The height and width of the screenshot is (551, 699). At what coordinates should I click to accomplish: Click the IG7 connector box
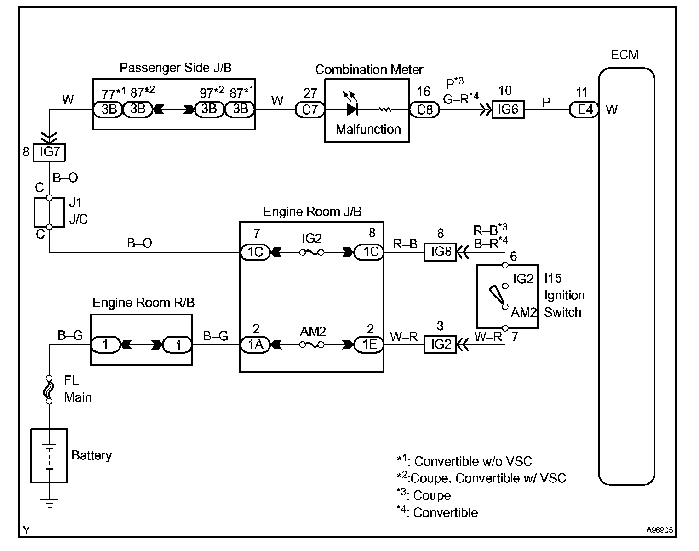[49, 152]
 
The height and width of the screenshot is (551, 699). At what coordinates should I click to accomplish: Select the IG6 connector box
[508, 110]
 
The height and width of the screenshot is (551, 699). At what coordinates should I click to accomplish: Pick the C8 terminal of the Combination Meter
[424, 110]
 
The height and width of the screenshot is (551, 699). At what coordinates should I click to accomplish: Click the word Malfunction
[368, 129]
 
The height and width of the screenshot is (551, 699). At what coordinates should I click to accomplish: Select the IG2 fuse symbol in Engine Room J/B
[311, 252]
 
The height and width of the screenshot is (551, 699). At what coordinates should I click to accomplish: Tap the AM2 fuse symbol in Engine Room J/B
[312, 344]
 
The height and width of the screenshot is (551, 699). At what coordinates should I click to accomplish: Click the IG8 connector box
[440, 252]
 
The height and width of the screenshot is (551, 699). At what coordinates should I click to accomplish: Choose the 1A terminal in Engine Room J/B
[255, 344]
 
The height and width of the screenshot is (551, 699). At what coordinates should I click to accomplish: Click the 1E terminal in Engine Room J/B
[369, 344]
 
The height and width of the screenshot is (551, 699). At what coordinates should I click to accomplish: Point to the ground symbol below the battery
[49, 502]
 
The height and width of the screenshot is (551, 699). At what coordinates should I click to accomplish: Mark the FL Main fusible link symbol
[49, 390]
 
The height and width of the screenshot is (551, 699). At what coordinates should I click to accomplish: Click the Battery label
[92, 455]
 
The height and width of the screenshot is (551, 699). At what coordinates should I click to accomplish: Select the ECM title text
[625, 55]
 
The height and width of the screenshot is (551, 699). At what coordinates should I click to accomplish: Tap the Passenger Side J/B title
[176, 68]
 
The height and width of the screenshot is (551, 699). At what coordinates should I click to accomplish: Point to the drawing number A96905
[659, 530]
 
